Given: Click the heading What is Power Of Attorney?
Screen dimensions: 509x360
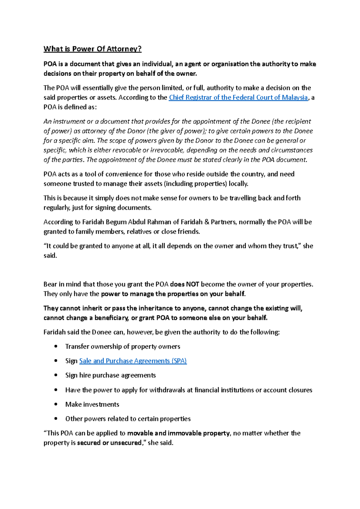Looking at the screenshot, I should [92, 49].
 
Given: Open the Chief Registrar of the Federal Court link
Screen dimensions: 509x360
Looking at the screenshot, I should [238, 97].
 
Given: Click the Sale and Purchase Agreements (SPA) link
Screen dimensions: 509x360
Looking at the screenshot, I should [133, 361].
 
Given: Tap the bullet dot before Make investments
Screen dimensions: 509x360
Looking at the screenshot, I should [56, 404].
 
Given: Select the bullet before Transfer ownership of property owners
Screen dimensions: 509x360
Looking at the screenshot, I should [56, 347].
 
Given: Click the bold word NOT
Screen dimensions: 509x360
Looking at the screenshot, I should [193, 284].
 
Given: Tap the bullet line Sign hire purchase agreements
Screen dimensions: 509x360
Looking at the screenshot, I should [110, 375].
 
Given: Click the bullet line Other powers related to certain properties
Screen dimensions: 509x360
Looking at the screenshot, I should [128, 419].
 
